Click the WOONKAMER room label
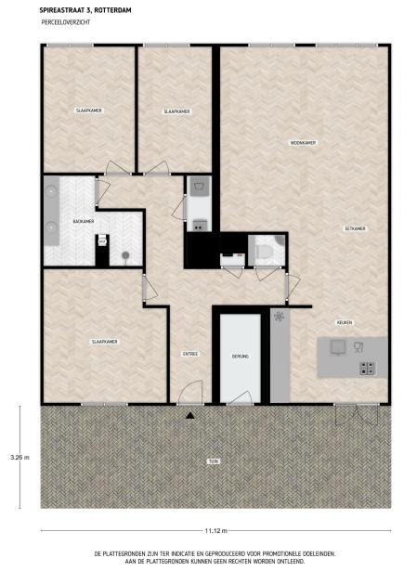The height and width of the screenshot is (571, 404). pos(303,143)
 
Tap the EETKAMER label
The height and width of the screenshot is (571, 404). pos(355,228)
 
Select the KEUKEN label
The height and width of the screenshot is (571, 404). pos(345,323)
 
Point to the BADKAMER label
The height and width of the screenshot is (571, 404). pos(84,221)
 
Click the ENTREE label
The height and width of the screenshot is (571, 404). pos(190,354)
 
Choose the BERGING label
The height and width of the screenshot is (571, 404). pos(240,357)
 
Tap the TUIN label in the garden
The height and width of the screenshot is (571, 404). pos(214,461)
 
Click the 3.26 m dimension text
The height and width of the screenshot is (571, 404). pos(20,458)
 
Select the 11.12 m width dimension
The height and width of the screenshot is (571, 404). pos(215,530)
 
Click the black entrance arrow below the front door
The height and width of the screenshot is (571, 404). pos(190,415)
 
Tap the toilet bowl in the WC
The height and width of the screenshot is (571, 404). pos(263,252)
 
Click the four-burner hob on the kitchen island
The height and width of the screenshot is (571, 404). pos(367,369)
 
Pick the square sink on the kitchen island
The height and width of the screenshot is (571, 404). pos(338,348)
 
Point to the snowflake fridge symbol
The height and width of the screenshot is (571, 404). pos(280,316)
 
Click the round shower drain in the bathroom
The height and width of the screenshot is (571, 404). pos(125,255)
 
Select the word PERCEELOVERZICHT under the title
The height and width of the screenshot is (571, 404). pos(66,22)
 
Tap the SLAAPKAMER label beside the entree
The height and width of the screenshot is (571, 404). pos(104,342)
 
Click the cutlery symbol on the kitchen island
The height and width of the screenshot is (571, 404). pos(358,347)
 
